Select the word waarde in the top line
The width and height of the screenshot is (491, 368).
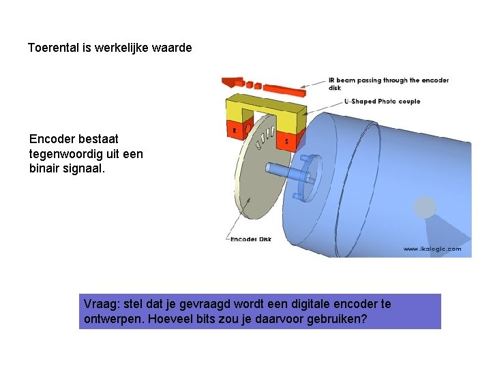click(173, 48)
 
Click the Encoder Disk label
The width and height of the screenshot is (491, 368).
click(252, 239)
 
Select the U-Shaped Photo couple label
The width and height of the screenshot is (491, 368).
click(382, 102)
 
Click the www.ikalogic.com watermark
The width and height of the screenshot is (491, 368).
click(432, 249)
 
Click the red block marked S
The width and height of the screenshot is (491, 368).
click(286, 141)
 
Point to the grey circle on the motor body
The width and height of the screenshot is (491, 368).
click(425, 206)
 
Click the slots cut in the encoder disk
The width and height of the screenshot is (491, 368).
click(263, 136)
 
